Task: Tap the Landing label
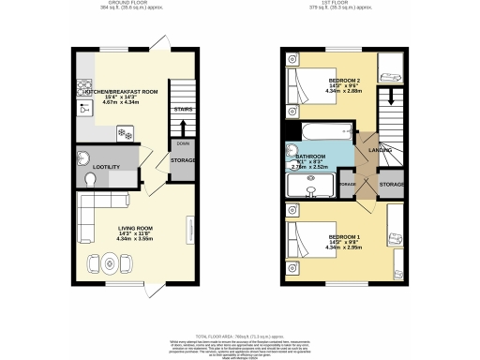[381, 150]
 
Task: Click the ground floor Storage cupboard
[183, 160]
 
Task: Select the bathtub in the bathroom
[322, 131]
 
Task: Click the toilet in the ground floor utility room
[83, 157]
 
